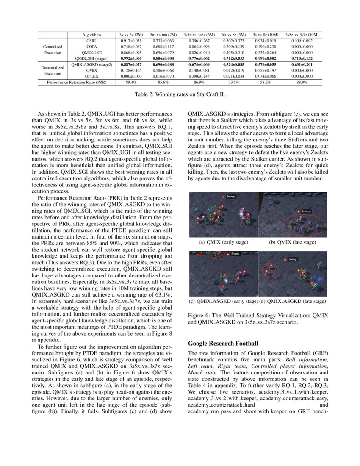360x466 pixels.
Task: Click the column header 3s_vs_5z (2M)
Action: (131, 34)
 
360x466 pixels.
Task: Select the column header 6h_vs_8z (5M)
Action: (233, 34)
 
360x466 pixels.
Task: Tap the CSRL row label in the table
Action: (92, 41)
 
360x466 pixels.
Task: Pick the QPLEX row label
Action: (92, 76)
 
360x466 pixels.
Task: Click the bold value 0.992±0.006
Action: (131, 58)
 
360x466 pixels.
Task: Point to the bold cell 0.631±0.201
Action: (302, 64)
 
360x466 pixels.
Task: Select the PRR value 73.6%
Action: (233, 82)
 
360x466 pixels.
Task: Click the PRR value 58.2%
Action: (265, 82)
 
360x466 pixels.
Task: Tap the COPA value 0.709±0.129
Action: (233, 47)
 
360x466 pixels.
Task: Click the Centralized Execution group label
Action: (53, 50)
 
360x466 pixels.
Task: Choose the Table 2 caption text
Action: (180, 94)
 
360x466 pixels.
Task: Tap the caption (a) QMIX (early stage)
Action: (223, 242)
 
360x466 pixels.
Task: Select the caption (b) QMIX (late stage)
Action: (293, 242)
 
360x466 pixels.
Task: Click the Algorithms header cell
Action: (92, 34)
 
